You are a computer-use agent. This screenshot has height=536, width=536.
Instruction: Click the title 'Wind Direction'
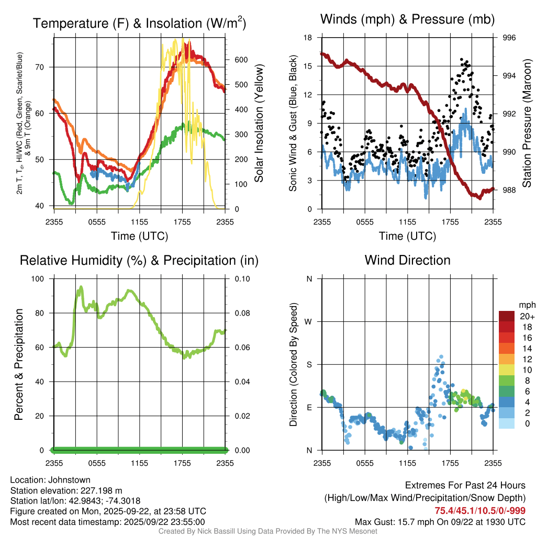click(x=407, y=260)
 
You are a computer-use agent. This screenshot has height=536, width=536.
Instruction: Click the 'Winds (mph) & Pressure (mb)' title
click(x=407, y=20)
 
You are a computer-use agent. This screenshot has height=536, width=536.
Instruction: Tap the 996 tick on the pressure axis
click(x=509, y=38)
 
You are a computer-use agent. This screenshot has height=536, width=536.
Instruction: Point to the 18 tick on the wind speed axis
click(x=308, y=38)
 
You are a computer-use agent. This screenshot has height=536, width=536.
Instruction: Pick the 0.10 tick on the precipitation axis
click(x=242, y=278)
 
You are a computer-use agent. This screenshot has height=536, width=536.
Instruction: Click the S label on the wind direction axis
click(x=309, y=364)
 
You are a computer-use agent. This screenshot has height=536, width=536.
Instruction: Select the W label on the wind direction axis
click(x=309, y=321)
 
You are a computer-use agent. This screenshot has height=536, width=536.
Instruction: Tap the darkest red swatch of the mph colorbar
click(x=507, y=316)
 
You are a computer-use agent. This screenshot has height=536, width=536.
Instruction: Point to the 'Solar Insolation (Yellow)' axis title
click(x=259, y=124)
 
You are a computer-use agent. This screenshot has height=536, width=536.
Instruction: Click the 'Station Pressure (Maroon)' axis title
click(x=527, y=124)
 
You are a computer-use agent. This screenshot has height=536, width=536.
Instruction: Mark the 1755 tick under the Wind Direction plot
click(x=451, y=463)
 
